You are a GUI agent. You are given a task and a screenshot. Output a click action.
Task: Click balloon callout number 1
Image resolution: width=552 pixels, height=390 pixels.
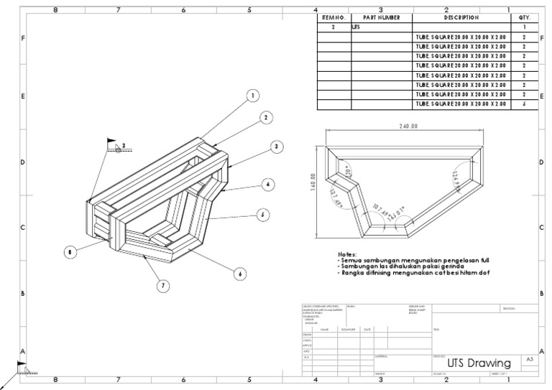coord(252,94)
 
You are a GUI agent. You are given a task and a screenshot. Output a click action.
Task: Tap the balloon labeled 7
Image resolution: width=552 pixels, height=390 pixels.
coord(163,285)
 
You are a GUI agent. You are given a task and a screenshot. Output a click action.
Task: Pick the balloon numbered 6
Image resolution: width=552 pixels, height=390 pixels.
coord(240,272)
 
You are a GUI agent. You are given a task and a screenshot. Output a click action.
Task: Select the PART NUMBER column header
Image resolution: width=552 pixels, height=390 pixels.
coord(381,17)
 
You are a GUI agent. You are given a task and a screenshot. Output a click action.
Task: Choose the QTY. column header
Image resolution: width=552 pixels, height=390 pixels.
coord(524,17)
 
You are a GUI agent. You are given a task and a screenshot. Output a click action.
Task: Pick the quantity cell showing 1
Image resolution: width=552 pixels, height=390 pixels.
coord(524,27)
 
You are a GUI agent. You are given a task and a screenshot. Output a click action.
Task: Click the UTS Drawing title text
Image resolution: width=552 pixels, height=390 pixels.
coord(479,363)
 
